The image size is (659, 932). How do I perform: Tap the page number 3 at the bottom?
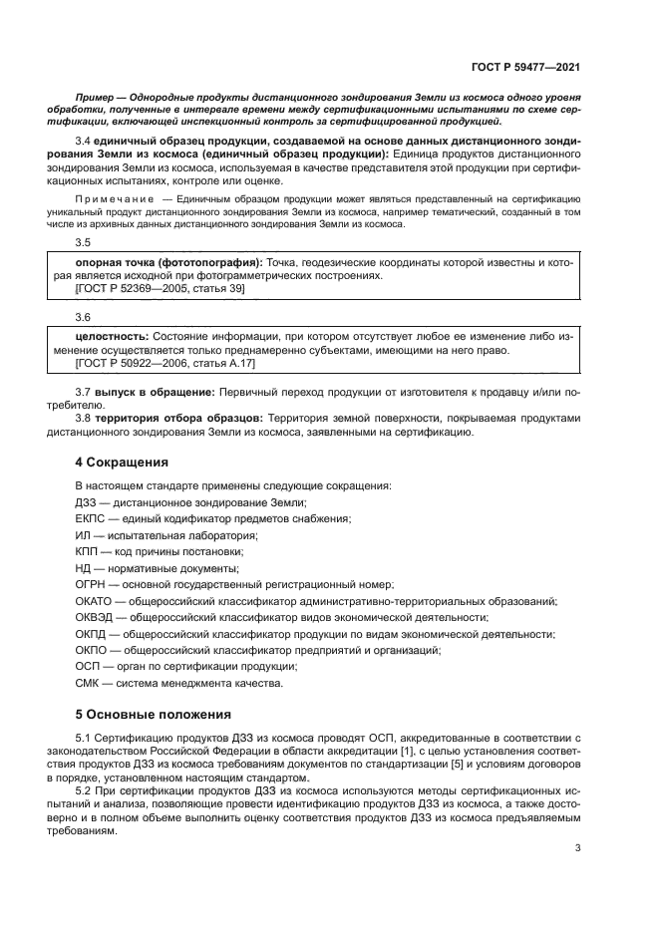578,848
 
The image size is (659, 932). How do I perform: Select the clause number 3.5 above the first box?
83,241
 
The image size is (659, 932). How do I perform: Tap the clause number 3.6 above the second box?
83,317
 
